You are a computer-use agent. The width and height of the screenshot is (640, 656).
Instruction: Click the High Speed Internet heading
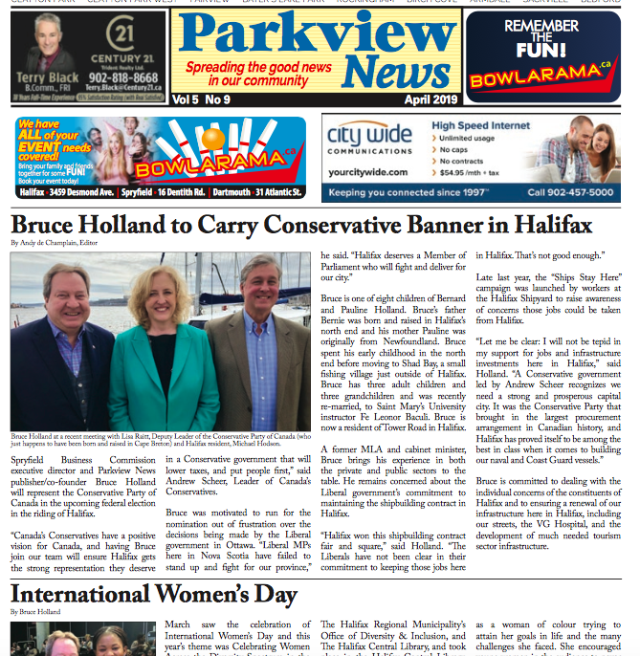tap(481, 125)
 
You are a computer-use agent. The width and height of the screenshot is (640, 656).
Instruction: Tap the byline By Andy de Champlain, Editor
tap(54, 244)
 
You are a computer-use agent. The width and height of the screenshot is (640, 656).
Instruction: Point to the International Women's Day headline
tap(153, 594)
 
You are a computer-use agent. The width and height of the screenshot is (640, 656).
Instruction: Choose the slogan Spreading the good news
tap(258, 68)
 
